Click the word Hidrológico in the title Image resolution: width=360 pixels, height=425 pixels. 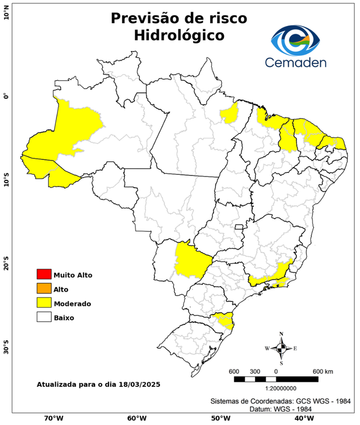(179, 35)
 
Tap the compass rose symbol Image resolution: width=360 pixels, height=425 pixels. (281, 348)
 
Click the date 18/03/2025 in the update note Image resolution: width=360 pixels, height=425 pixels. (139, 384)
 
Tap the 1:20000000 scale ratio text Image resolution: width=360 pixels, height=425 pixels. (276, 388)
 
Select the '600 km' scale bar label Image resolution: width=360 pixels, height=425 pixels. (322, 371)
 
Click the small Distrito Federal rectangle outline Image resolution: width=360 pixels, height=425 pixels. (239, 227)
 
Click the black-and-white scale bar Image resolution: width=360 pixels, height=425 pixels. (276, 379)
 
